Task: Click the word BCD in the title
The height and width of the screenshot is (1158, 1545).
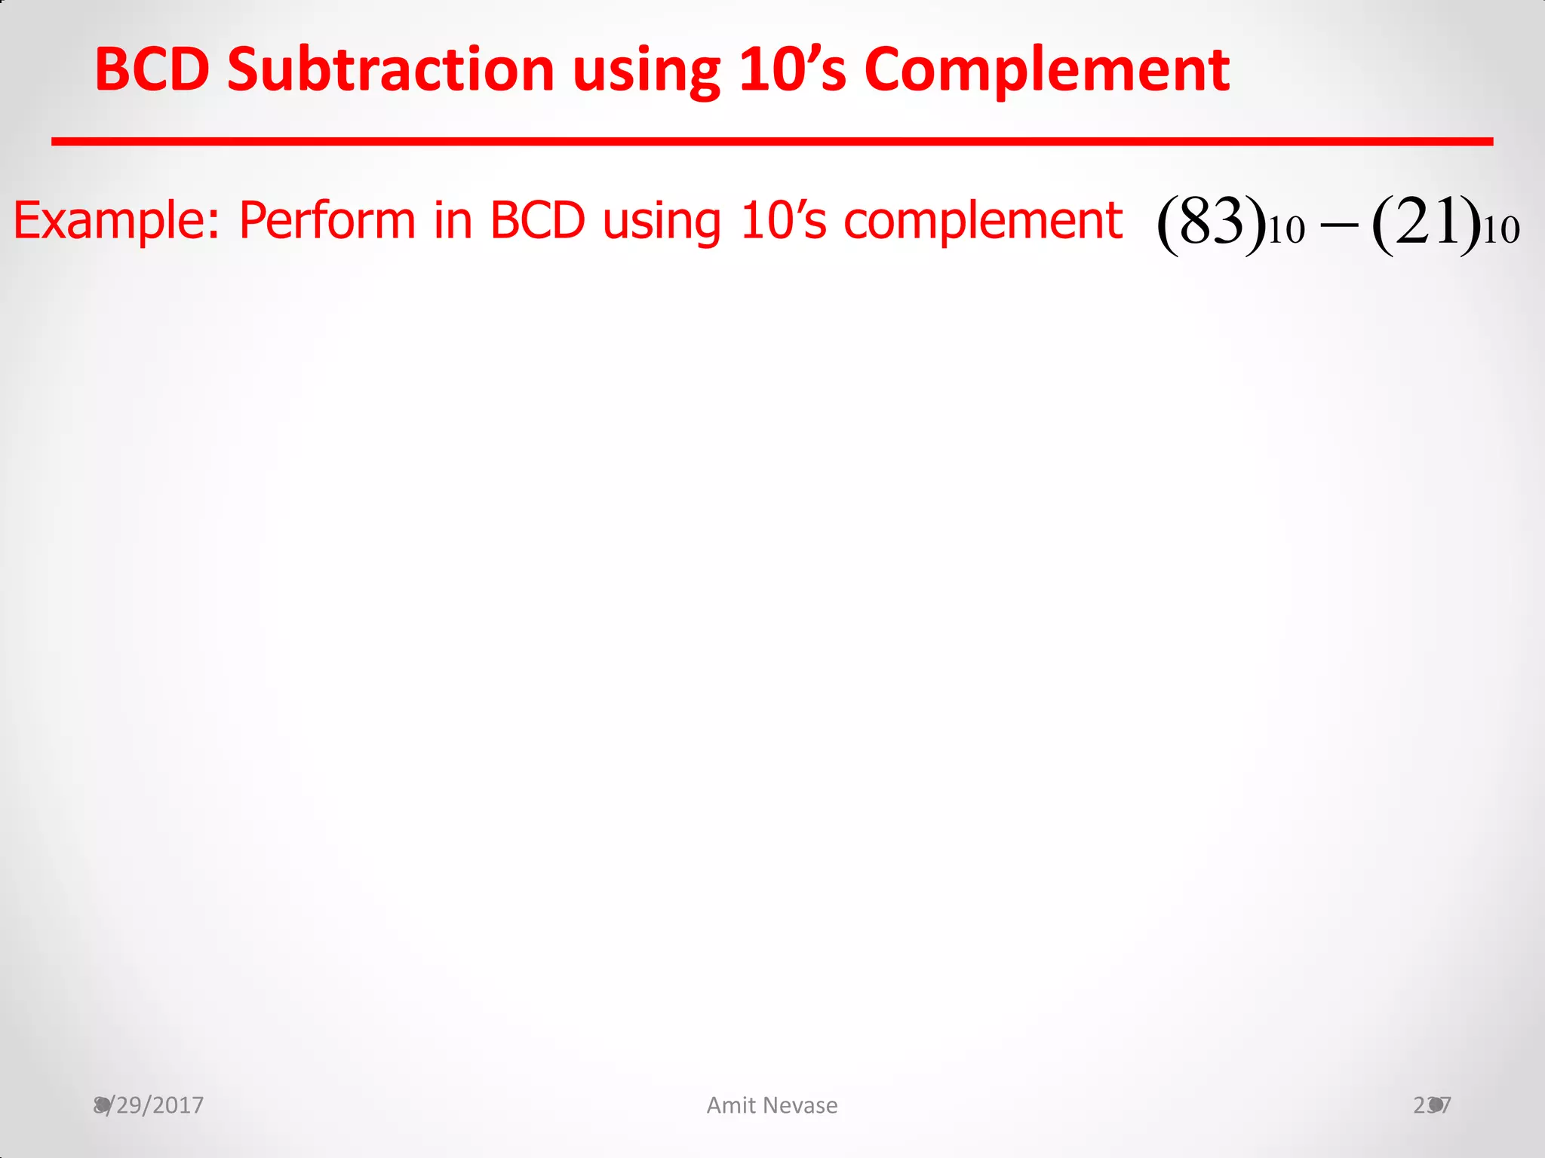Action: (x=152, y=69)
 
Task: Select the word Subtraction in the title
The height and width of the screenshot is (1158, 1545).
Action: (x=391, y=69)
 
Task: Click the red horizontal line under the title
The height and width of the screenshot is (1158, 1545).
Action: (x=772, y=141)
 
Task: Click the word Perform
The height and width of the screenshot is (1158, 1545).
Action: (x=327, y=221)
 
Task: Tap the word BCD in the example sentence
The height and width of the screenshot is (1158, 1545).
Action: (x=537, y=221)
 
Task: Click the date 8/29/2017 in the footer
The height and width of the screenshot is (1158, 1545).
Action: (x=149, y=1105)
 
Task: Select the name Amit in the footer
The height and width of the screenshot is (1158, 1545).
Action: (x=731, y=1105)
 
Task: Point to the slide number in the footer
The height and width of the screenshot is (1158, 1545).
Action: (x=1432, y=1105)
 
